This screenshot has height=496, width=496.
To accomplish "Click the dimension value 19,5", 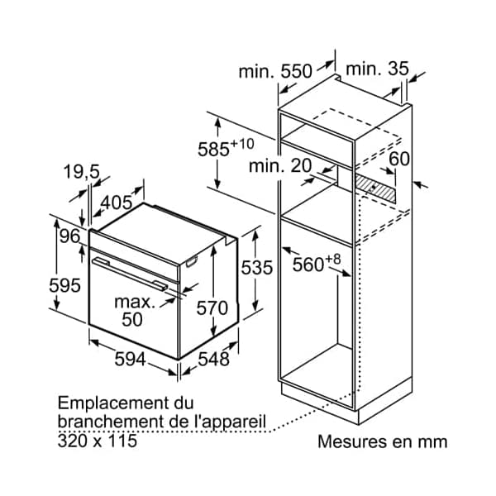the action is pos(81,172).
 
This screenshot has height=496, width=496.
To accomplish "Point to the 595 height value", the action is pos(65,285).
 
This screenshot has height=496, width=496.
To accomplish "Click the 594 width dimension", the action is pos(130,360).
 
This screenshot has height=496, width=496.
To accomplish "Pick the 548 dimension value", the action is pos(213,360).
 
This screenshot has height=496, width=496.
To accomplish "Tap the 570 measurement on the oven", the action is pos(212,308).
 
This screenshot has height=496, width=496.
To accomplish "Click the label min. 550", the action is pos(275,72).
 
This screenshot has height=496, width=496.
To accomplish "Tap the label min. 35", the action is pos(377,69).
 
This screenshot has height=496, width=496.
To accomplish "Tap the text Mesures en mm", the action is pos(382,441).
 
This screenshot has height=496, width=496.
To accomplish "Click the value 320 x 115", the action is pos(98,441).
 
